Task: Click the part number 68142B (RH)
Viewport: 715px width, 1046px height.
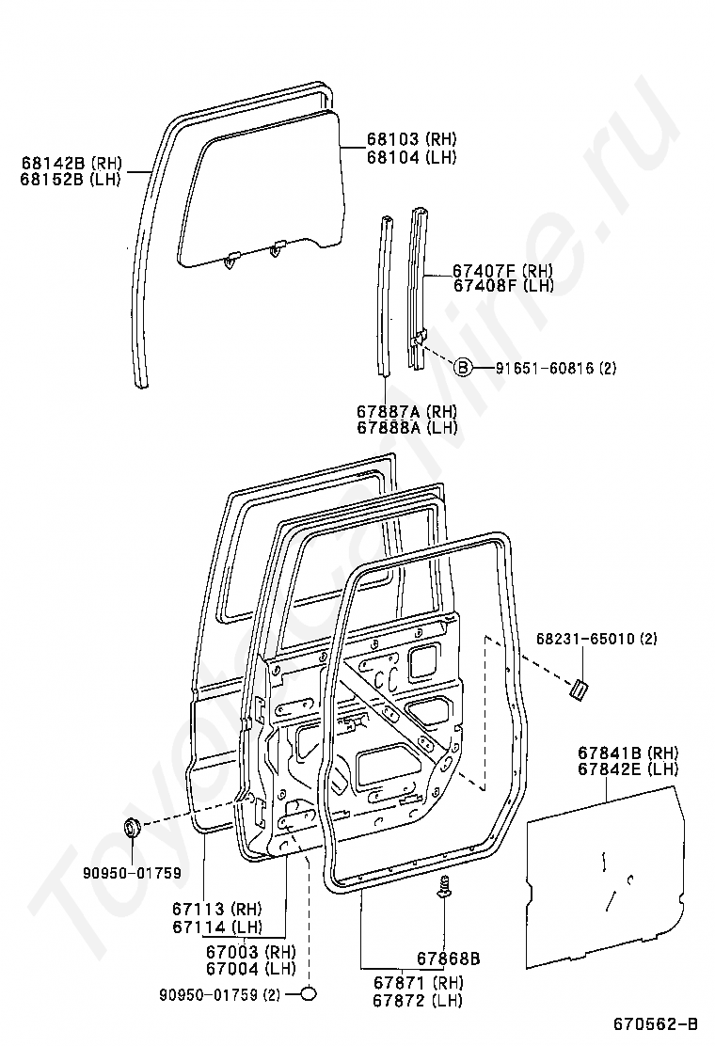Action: point(71,162)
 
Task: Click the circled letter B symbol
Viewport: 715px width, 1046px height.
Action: point(462,369)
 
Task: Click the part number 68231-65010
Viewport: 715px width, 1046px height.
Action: point(584,640)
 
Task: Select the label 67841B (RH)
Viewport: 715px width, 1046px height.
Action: point(628,753)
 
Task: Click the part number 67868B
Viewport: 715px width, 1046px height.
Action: point(448,959)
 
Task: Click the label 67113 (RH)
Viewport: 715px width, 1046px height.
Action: point(215,909)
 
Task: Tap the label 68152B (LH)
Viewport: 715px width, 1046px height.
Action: point(71,178)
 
